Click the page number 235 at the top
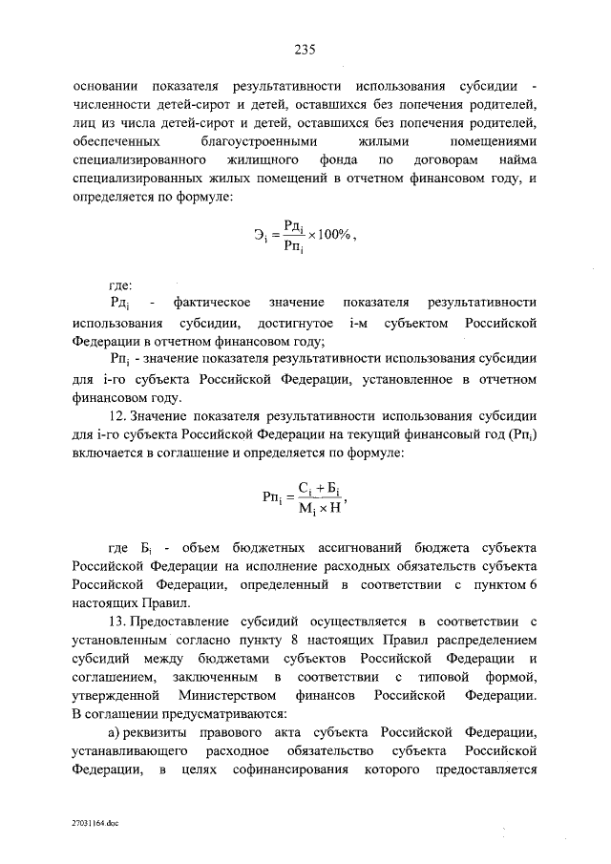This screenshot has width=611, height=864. pos(305,51)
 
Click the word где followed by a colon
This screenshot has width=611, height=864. pos(120,284)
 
